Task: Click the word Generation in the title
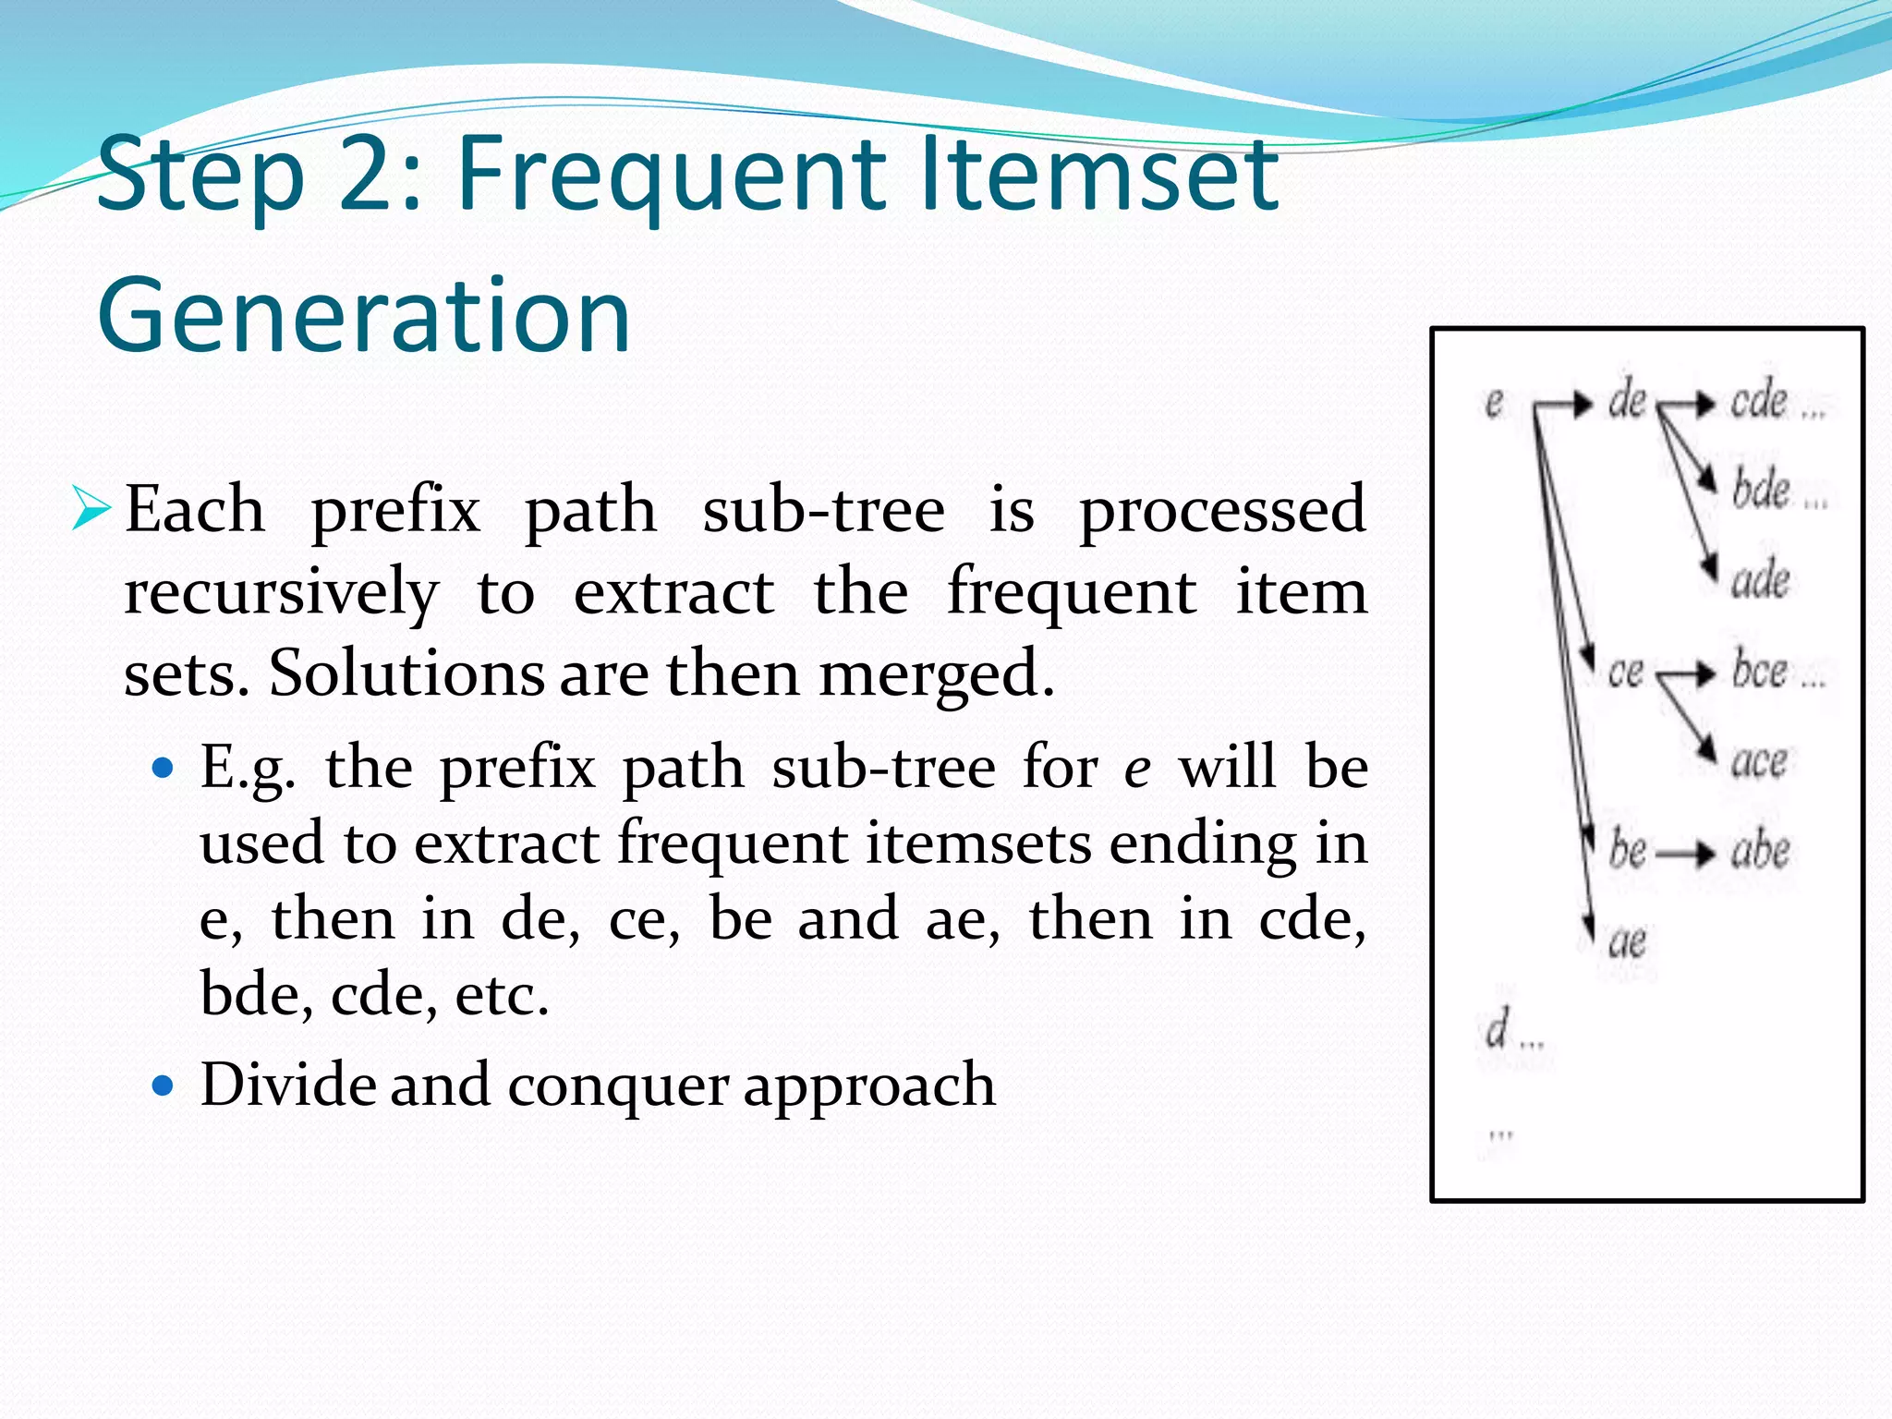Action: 363,316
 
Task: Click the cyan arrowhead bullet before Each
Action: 91,510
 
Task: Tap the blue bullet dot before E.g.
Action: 164,768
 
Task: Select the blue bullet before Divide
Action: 164,1085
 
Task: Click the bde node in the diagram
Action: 1760,490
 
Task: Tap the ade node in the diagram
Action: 1760,579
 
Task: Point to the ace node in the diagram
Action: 1758,761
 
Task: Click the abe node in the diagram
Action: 1760,850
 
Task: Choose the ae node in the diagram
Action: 1627,941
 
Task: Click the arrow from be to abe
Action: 1685,854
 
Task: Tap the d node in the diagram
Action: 1498,1028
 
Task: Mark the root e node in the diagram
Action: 1494,403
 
